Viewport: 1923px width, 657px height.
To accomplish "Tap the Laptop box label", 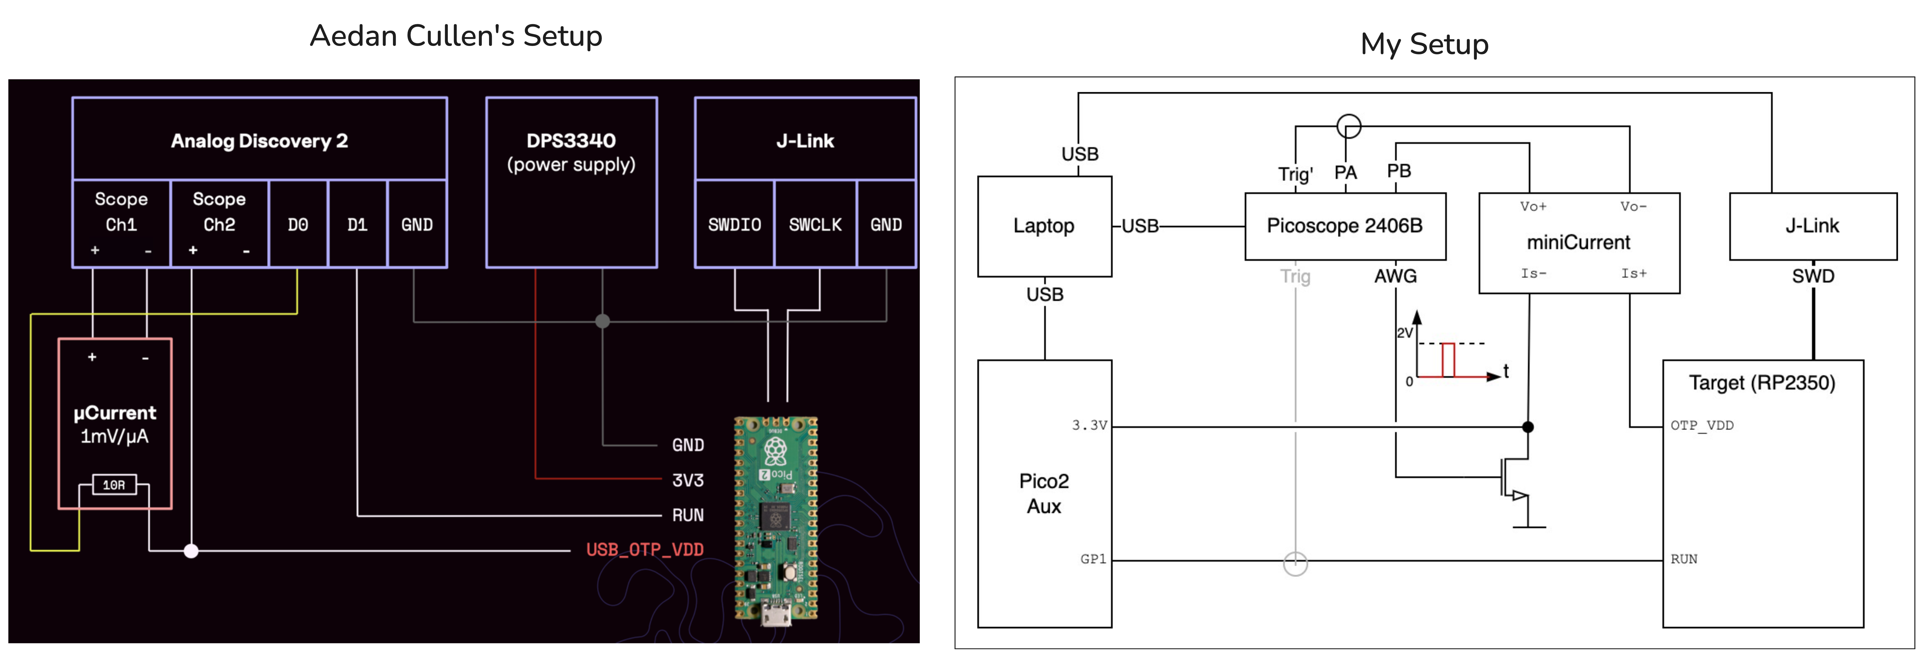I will point(1044,226).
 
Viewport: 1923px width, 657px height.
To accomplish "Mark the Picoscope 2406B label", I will point(1345,226).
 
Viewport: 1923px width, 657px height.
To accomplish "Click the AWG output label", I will point(1395,276).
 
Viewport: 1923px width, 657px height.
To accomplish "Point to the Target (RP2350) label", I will point(1762,383).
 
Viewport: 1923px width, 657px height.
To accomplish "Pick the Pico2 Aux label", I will point(1044,494).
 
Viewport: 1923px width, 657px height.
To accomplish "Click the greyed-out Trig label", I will point(1295,276).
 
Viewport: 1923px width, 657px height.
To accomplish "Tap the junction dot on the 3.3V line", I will point(1528,427).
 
